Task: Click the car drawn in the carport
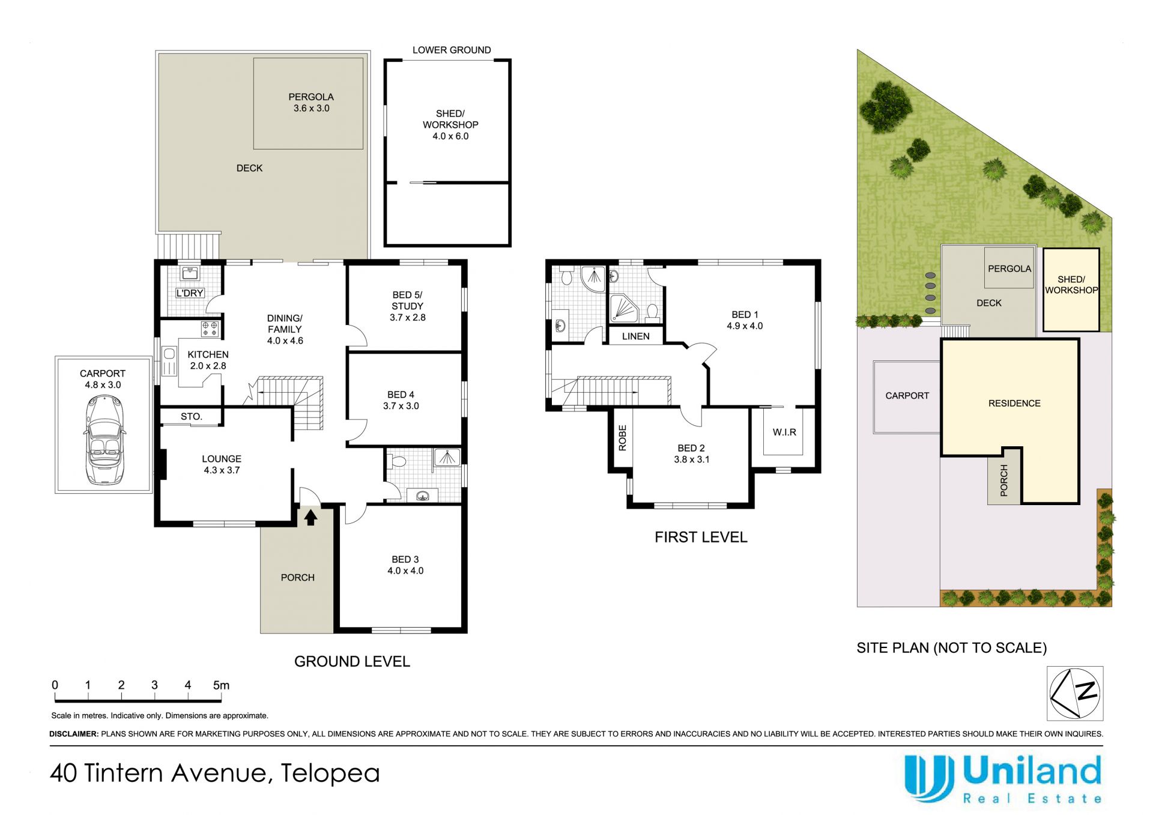point(104,440)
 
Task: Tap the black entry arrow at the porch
point(310,517)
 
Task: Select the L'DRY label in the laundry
point(190,293)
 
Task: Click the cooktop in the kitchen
point(210,329)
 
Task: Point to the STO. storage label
point(192,416)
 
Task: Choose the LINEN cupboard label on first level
point(636,336)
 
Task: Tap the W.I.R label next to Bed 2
point(784,432)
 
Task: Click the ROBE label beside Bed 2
point(622,438)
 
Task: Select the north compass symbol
point(1075,693)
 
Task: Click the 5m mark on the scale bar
point(221,685)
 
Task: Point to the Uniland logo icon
point(929,778)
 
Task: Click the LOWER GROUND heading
point(452,50)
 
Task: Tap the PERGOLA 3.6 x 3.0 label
point(311,103)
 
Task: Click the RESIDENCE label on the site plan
point(1014,404)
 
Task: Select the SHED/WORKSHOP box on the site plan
point(1071,289)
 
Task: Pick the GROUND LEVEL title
point(352,662)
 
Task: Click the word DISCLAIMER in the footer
point(74,734)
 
